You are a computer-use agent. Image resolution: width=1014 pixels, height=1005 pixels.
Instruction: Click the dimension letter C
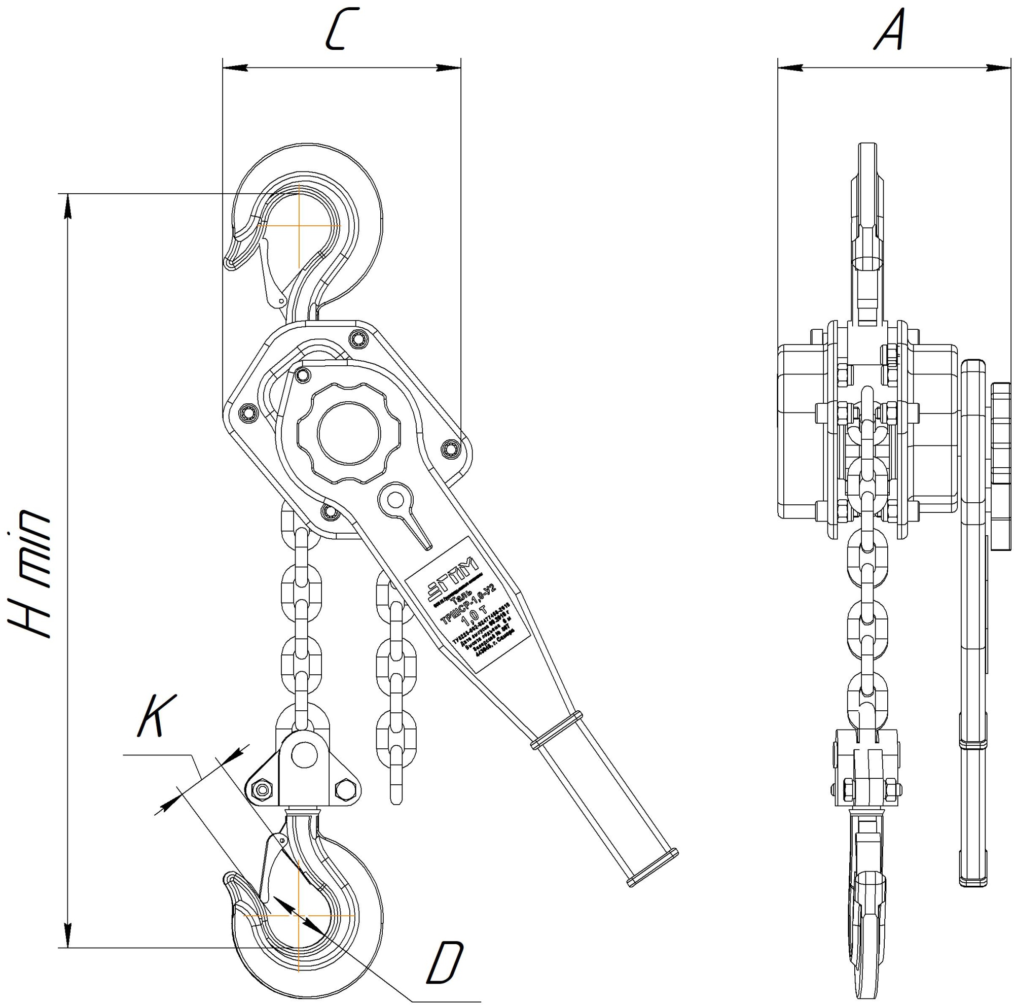click(x=342, y=29)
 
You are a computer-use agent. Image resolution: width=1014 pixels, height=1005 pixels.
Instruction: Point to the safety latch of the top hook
click(x=270, y=273)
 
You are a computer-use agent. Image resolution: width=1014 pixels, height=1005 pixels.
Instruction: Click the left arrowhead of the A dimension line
click(x=790, y=67)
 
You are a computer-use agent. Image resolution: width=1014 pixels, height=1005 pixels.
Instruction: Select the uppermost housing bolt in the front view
click(x=358, y=339)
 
